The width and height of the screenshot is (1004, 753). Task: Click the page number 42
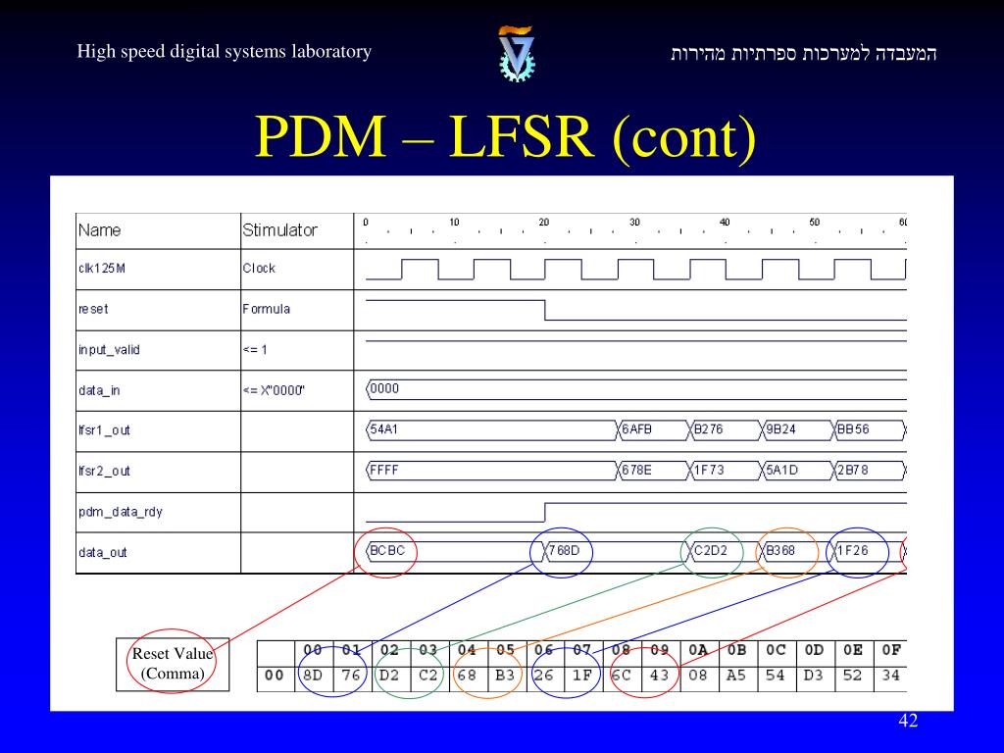tap(908, 722)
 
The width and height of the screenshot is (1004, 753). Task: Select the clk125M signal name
tap(102, 269)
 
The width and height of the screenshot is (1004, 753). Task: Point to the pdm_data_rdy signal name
tap(121, 512)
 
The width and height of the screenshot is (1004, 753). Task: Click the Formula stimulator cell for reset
tap(267, 309)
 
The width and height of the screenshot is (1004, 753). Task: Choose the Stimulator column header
tap(279, 230)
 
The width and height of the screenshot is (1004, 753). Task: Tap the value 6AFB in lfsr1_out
tap(637, 429)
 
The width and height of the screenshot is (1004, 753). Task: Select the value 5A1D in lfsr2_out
tap(781, 470)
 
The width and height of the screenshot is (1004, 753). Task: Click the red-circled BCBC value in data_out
tap(386, 551)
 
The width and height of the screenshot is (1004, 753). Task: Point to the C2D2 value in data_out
tap(711, 551)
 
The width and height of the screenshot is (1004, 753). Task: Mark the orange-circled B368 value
tap(781, 551)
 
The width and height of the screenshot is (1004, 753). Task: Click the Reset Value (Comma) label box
tap(173, 664)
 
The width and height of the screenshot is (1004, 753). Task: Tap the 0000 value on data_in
tap(385, 388)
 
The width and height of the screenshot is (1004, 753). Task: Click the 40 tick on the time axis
tap(725, 223)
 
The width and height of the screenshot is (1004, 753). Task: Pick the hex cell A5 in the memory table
tap(736, 676)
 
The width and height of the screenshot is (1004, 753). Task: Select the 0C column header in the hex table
tap(776, 649)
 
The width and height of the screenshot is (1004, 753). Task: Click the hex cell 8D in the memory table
tap(313, 676)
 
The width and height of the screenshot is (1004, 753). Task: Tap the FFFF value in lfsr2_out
tap(385, 470)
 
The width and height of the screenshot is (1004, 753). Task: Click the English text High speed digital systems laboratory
tap(225, 52)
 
